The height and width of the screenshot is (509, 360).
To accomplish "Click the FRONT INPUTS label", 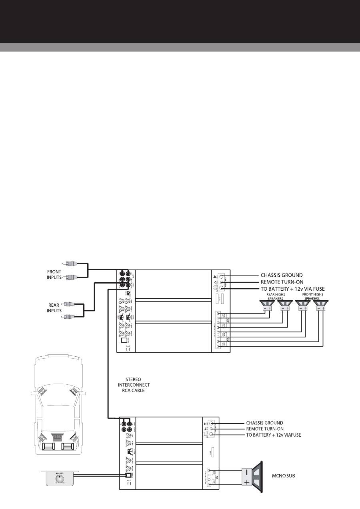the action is (x=54, y=275).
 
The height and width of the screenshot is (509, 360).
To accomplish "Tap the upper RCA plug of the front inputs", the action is (x=68, y=263).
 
